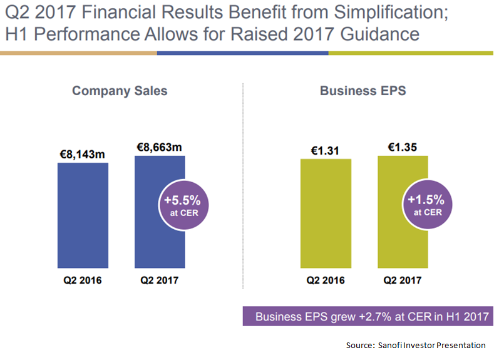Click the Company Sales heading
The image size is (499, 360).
tap(120, 91)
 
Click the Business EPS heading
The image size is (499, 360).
tap(363, 91)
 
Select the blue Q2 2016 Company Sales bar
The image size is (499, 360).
tap(83, 215)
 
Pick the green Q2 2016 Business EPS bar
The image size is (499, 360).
tap(326, 213)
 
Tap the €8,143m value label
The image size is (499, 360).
tap(83, 155)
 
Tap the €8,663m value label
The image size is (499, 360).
tap(160, 147)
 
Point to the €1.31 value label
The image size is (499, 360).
tap(325, 150)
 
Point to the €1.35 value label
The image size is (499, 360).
tap(403, 147)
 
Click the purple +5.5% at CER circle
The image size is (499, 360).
tap(184, 205)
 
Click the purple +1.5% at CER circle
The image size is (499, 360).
tap(428, 204)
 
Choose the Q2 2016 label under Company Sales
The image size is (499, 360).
tap(83, 280)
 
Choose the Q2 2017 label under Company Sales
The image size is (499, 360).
tap(160, 280)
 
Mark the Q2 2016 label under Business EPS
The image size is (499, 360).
tap(326, 280)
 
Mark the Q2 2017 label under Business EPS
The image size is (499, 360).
tap(403, 280)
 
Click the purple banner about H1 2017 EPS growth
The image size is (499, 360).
tap(368, 316)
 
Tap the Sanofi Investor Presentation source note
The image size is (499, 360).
tap(416, 346)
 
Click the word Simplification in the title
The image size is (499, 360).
tap(391, 13)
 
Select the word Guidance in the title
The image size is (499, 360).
tap(379, 34)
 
